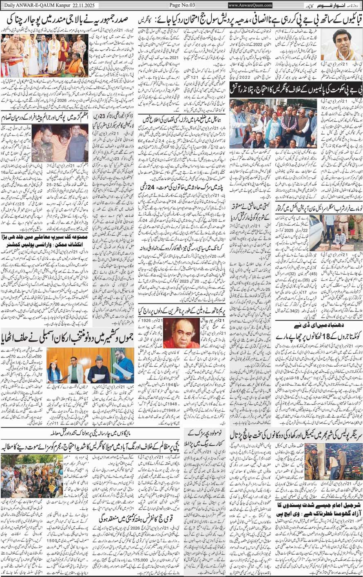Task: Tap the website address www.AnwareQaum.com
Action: pos(250,5)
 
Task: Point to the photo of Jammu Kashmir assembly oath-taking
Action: pos(91,365)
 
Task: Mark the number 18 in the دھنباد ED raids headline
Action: pos(312,336)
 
